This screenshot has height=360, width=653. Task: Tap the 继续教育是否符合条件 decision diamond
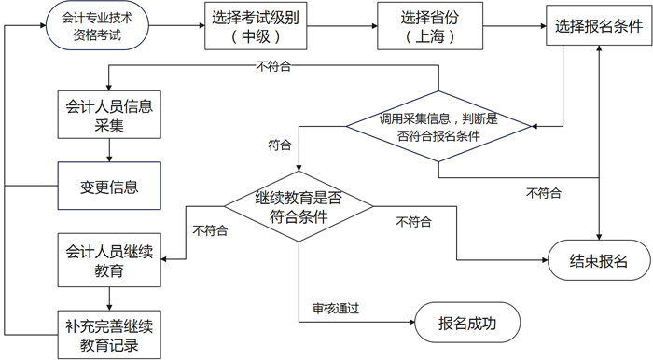tap(298, 207)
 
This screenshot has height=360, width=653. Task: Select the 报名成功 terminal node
tap(466, 324)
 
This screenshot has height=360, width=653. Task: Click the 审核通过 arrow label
tap(336, 308)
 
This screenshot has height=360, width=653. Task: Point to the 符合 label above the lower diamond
tap(279, 145)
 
